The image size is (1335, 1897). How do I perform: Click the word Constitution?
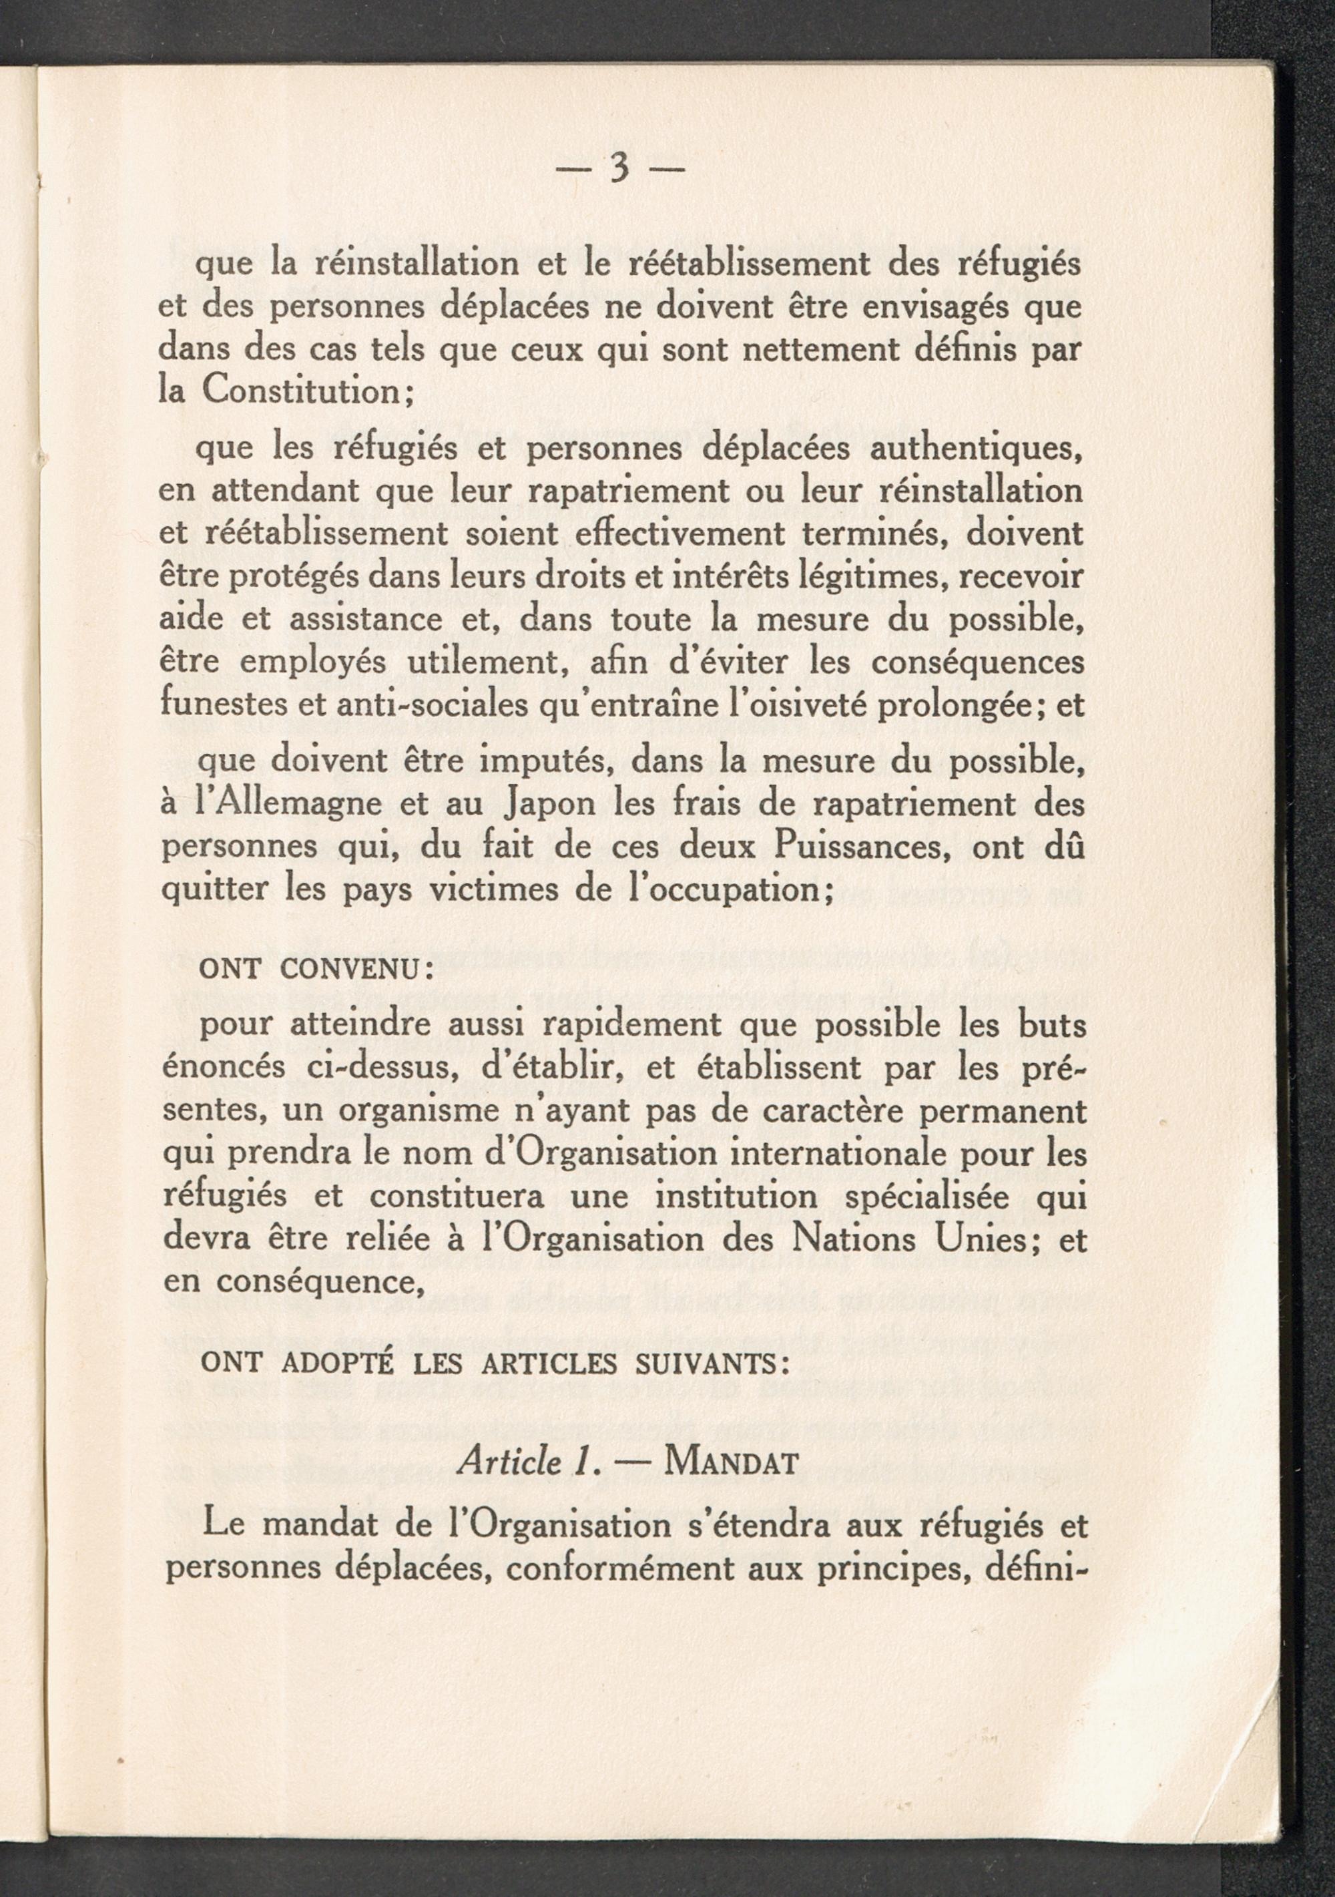pyautogui.click(x=302, y=390)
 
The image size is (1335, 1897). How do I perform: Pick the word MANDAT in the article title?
pyautogui.click(x=731, y=1465)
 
